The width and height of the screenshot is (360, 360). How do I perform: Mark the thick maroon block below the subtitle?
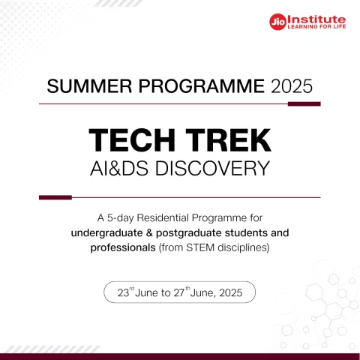(x=55, y=197)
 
